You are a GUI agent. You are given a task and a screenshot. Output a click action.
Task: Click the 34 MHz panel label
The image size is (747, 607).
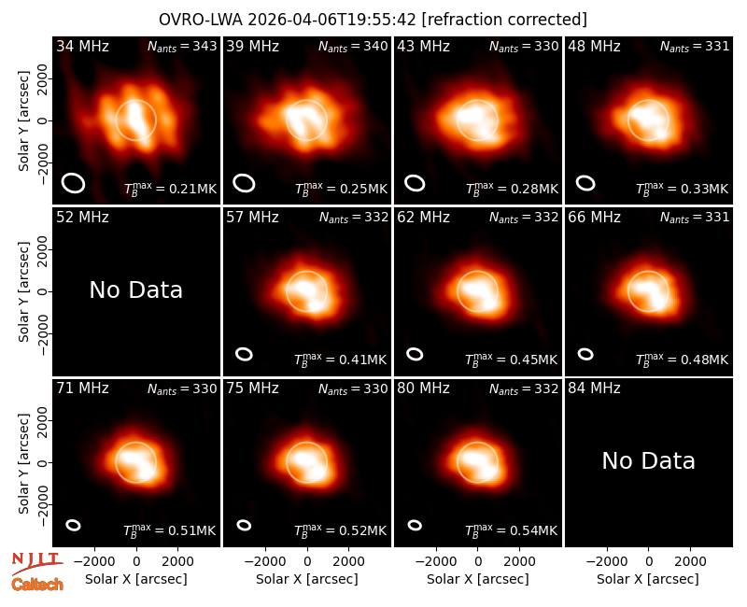tap(82, 46)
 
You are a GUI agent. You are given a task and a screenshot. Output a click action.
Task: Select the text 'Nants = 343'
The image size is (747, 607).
tap(182, 46)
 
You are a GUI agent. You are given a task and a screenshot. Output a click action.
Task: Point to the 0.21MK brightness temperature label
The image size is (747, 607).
tap(171, 189)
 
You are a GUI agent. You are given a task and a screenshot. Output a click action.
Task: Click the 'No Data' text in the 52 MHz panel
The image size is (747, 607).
tap(135, 289)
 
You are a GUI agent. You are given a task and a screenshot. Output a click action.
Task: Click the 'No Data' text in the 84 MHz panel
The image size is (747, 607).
tap(648, 460)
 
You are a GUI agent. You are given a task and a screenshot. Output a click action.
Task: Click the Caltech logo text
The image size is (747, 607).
tap(37, 585)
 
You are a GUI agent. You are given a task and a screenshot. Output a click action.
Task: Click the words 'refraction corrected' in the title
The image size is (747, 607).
tap(504, 20)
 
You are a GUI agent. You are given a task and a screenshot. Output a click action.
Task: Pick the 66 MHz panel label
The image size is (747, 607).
tap(594, 218)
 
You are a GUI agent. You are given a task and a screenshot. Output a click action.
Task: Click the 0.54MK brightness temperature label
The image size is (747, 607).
tap(511, 530)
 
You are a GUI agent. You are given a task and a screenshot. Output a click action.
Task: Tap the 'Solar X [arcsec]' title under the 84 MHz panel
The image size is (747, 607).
tap(648, 579)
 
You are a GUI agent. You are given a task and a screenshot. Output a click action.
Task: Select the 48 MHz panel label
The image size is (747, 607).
tap(594, 46)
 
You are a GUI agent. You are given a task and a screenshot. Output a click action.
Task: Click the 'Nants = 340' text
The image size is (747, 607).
tap(353, 46)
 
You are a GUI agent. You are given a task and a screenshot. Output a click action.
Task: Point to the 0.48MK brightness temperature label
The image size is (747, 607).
tap(683, 360)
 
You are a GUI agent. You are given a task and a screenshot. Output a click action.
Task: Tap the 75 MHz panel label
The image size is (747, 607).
tap(252, 388)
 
